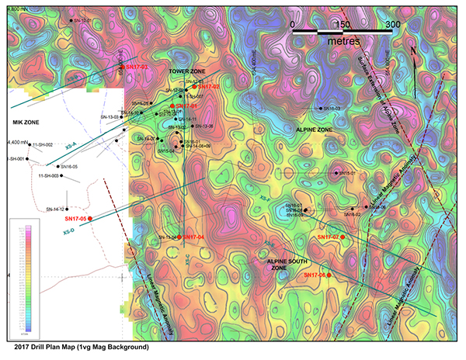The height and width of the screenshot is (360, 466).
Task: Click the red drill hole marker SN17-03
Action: pos(122,67)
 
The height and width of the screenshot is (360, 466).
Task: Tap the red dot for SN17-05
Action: pos(91,220)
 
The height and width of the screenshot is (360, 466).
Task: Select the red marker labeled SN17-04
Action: pos(179,237)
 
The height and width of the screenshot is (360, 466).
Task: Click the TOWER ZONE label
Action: pos(187,71)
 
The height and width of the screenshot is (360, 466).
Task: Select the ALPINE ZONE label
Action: pos(314,130)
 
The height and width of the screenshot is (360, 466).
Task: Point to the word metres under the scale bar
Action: pos(343,38)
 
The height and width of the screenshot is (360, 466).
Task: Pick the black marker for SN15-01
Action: pos(336,173)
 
